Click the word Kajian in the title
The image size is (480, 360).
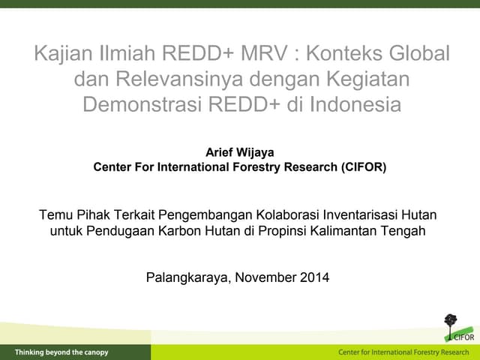point(65,54)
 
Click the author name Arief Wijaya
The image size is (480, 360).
point(239,152)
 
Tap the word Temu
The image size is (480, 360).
point(55,216)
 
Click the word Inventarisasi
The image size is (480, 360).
point(355,216)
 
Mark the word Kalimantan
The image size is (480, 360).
point(347,231)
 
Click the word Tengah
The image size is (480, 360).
point(406,231)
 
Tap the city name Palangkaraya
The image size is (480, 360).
point(187,277)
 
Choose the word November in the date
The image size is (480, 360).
point(265,277)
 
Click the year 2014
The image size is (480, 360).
point(314,277)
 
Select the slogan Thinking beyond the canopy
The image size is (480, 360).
point(61,352)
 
